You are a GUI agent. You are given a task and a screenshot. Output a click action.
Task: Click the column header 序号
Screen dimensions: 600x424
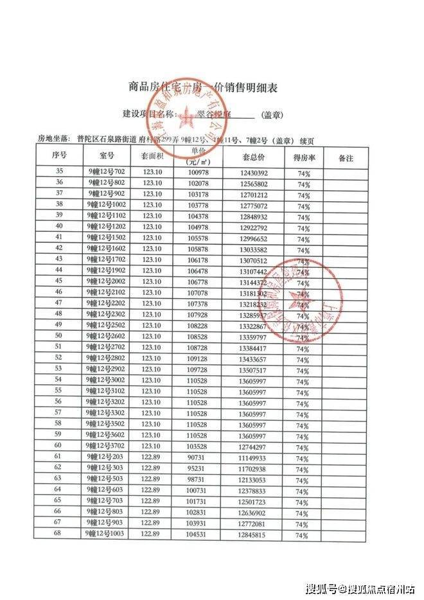point(59,156)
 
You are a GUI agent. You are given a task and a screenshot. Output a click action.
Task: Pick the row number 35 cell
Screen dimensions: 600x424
point(59,172)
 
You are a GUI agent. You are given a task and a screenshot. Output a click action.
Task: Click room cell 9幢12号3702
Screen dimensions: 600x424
point(105,445)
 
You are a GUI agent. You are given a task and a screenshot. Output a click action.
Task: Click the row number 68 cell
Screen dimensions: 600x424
point(58,533)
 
